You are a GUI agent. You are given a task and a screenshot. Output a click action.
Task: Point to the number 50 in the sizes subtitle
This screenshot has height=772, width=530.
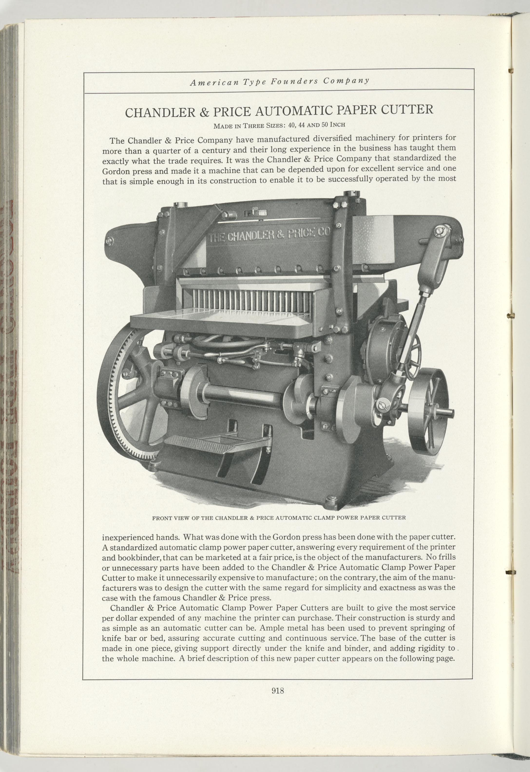pos(325,125)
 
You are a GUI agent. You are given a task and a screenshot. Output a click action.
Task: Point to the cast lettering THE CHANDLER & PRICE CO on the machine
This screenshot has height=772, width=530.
pos(268,236)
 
